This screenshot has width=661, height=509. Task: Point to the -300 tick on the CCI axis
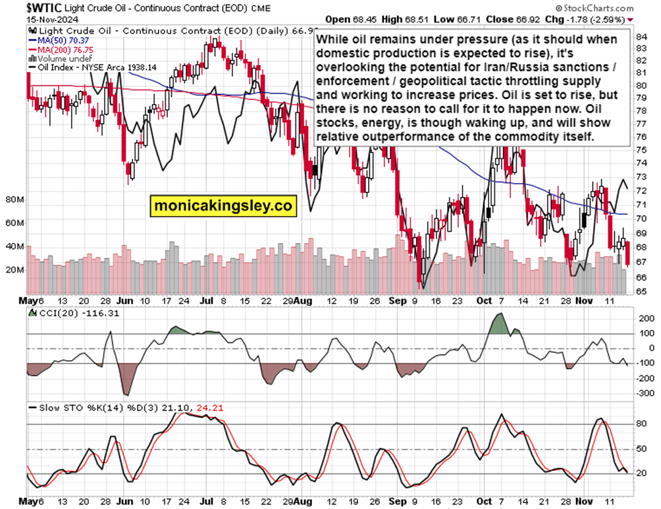click(646, 393)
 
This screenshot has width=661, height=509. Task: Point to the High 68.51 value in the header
click(410, 19)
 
